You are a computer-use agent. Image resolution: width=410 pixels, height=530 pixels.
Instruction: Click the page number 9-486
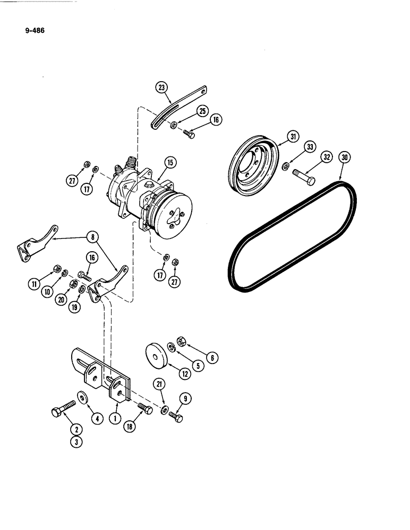pos(33,30)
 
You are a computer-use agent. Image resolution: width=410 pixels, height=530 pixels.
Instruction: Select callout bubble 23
pos(161,87)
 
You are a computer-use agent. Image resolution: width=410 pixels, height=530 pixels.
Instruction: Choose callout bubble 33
pos(310,148)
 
